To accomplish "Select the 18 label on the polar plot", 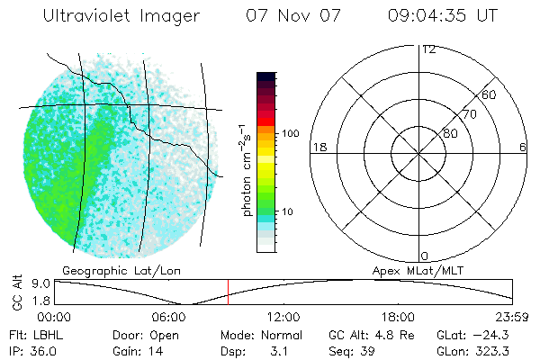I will tap(318, 147).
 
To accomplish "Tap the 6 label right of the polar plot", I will tap(523, 147).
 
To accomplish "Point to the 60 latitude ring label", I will tap(490, 94).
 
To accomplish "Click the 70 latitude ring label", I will tap(470, 114).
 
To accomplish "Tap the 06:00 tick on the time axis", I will tap(169, 317).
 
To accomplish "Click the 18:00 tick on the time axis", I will tap(399, 317).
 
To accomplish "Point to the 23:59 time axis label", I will tap(511, 317).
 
